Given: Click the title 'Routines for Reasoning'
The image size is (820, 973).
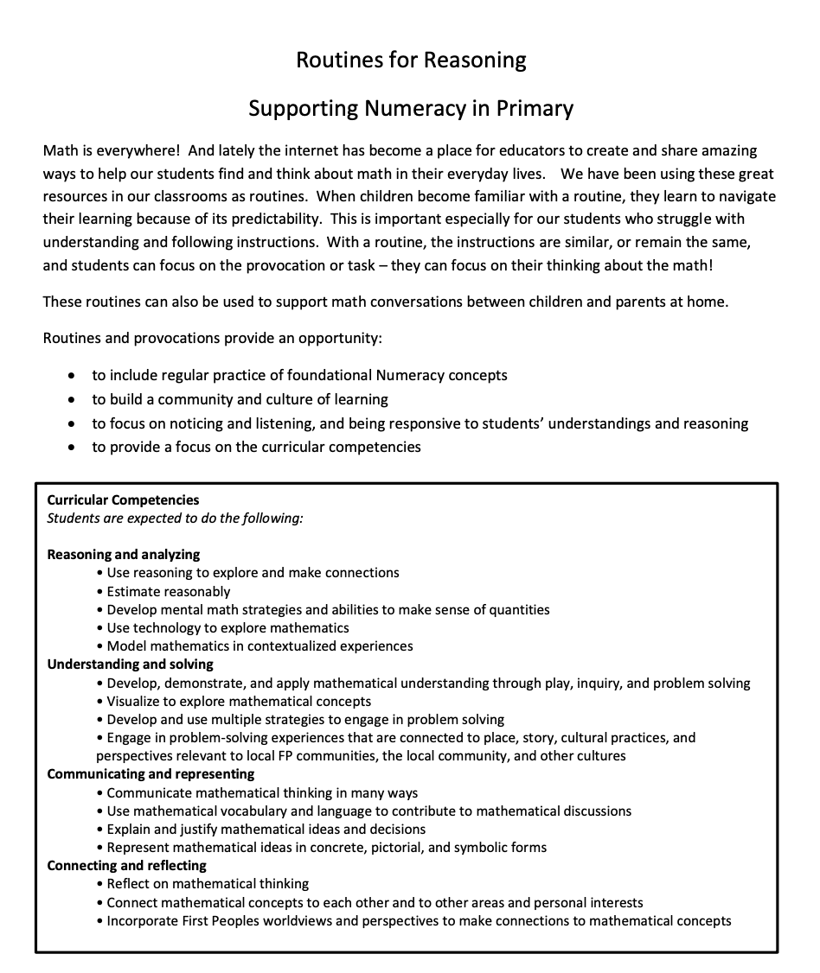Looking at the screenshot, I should click(x=411, y=60).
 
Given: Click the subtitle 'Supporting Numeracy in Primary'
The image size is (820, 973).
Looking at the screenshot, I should click(x=411, y=109).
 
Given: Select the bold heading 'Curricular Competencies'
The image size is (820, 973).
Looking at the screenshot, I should click(x=123, y=499).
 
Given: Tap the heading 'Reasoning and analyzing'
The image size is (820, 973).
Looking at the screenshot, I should click(x=123, y=554).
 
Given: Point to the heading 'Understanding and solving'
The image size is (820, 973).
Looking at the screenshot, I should click(x=130, y=664).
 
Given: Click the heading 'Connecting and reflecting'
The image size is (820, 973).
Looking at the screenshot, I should click(x=126, y=865).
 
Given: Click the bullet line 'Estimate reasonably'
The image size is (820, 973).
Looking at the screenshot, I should click(x=169, y=591).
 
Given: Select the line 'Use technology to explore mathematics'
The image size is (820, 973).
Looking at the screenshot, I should click(x=228, y=627).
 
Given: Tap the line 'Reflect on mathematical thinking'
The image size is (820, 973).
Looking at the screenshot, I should click(x=208, y=883).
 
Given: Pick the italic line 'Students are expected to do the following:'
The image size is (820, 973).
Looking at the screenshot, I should click(x=175, y=518).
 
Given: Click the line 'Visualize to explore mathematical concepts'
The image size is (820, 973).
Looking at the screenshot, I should click(x=239, y=701).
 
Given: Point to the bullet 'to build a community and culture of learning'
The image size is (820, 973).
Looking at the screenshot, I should click(x=240, y=399).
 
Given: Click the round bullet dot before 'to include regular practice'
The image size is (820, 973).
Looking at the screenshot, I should click(x=72, y=376).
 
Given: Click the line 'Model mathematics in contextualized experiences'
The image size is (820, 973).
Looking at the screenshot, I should click(x=259, y=645).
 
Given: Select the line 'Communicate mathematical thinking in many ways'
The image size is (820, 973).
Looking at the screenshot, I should click(x=262, y=792).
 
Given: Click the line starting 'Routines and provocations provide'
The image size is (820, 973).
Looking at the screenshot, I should click(x=212, y=338).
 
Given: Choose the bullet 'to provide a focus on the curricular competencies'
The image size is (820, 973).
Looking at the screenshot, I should click(x=256, y=447).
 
